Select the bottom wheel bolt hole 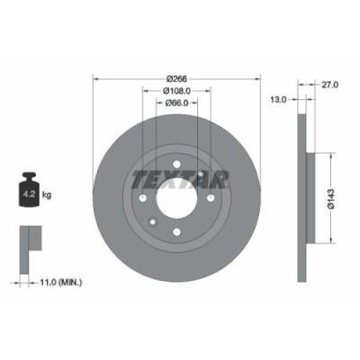point(177,232)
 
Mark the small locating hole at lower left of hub point(153,222)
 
